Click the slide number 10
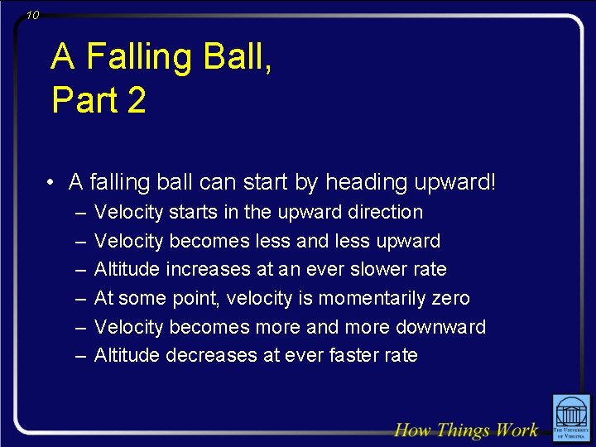[32, 15]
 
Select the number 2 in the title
[137, 101]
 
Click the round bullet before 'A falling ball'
[51, 182]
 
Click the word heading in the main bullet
[361, 182]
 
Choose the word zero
[450, 298]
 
